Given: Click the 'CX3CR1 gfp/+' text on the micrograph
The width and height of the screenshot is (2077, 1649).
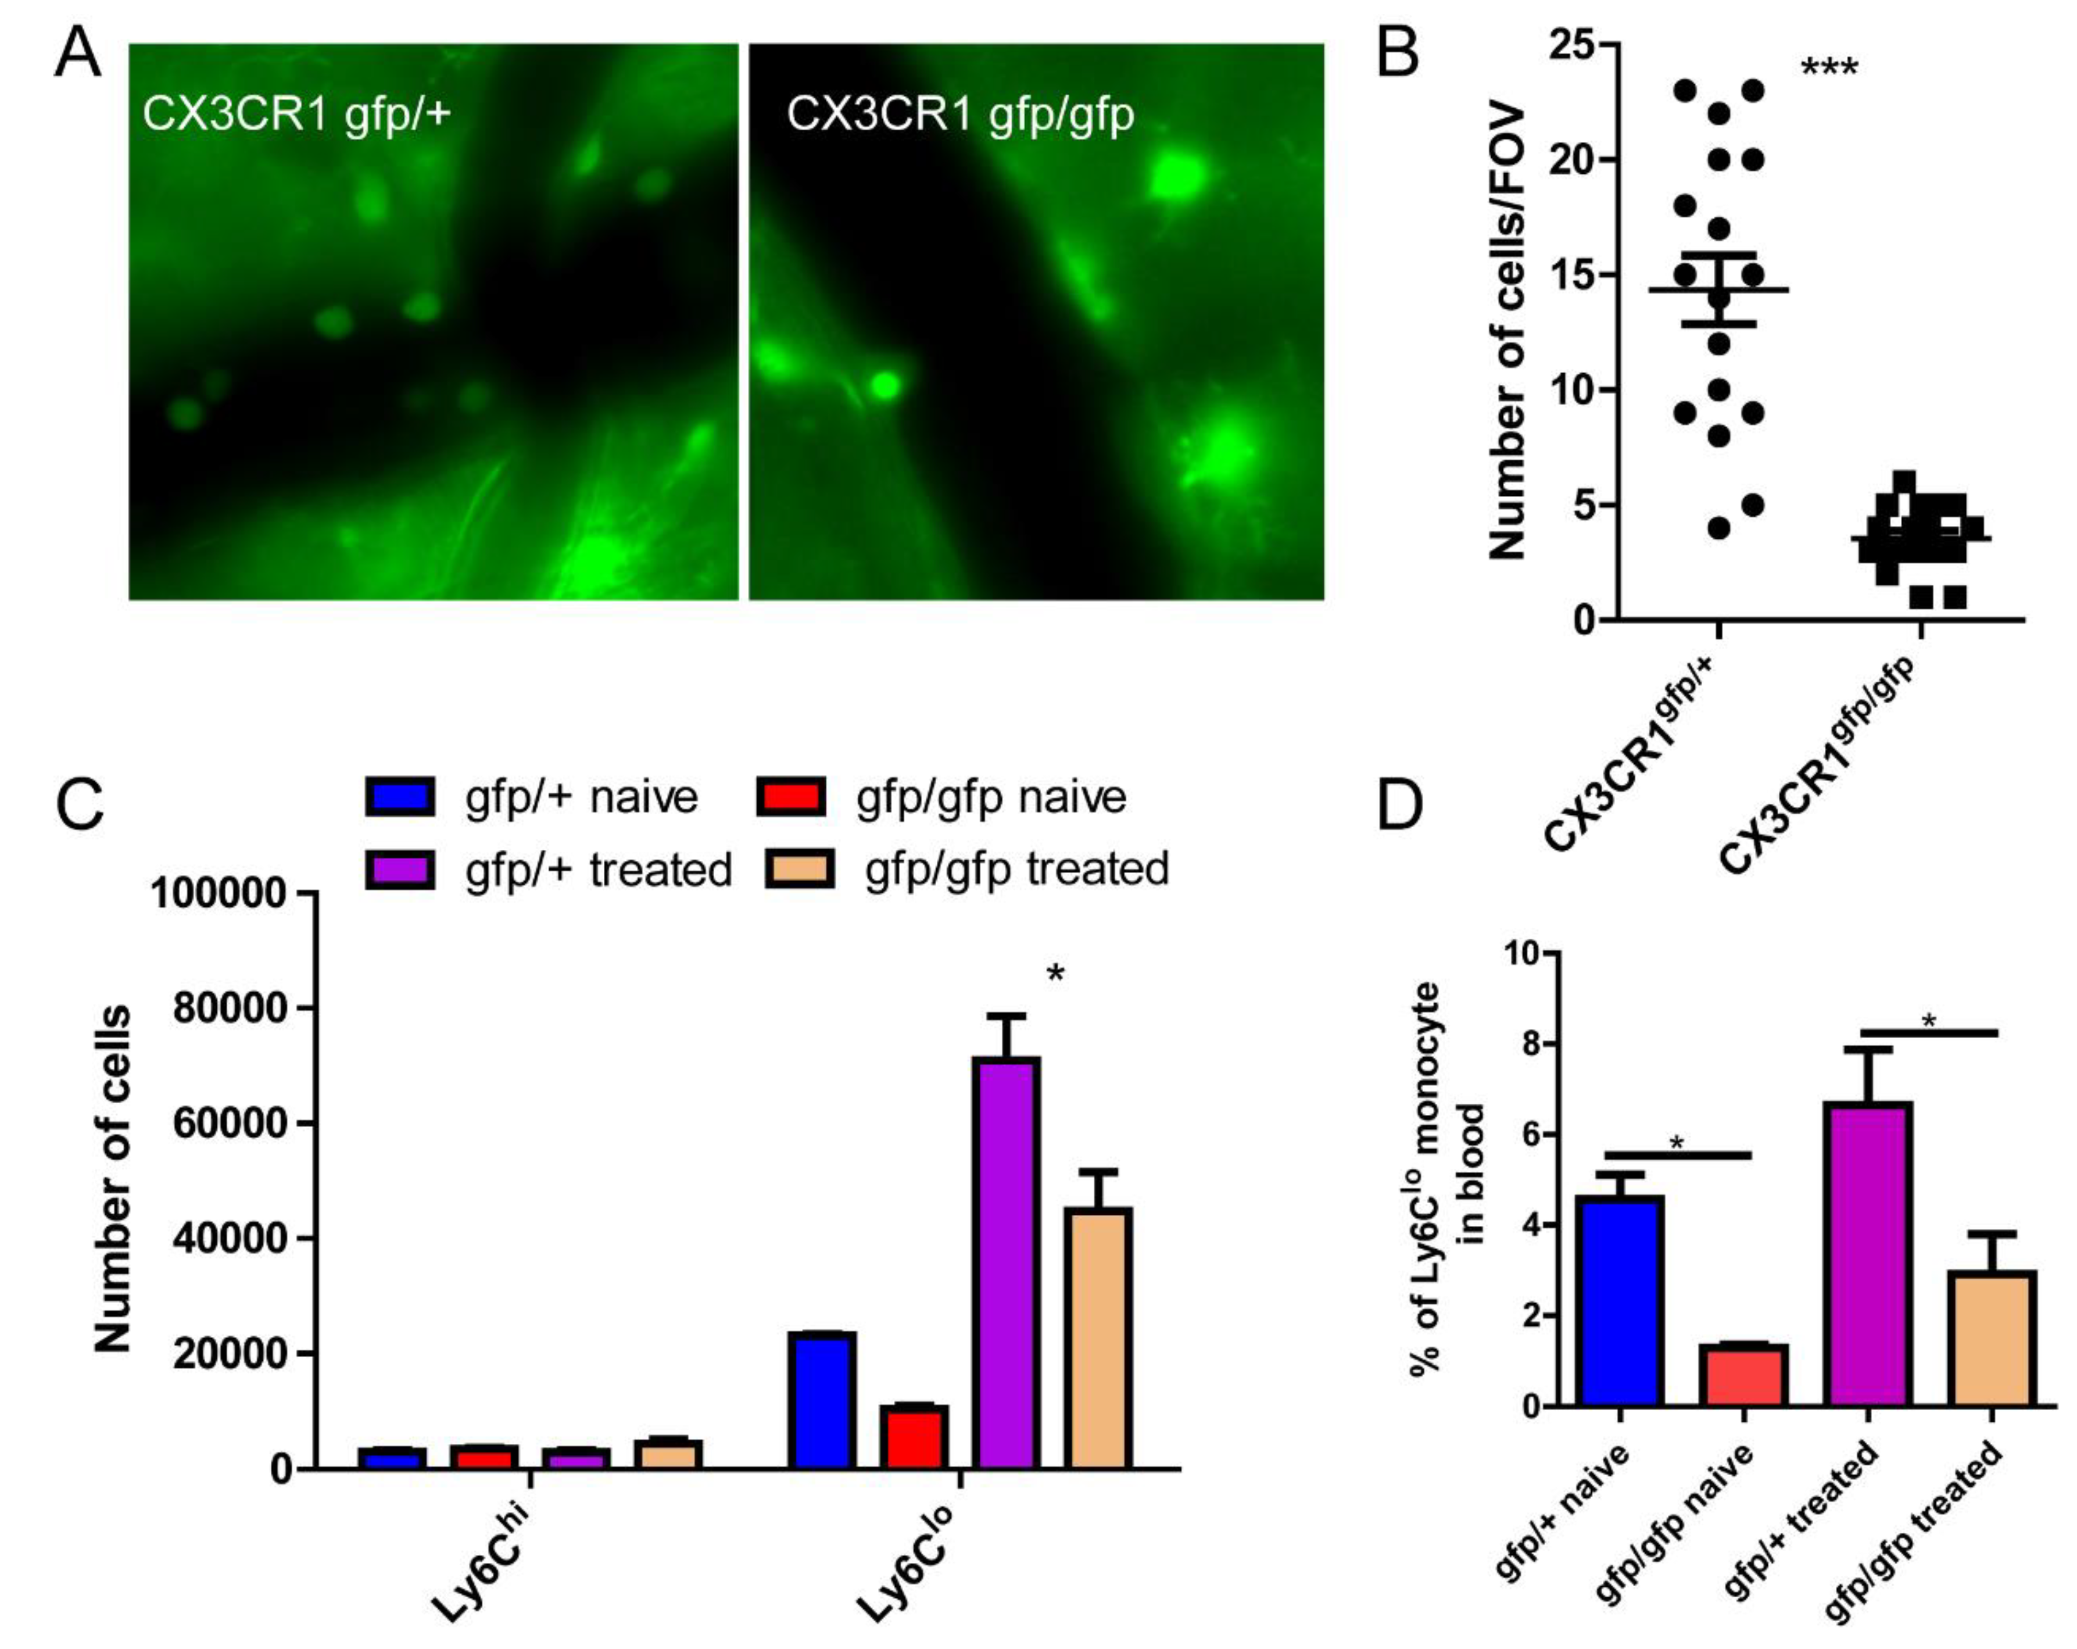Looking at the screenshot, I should tap(297, 114).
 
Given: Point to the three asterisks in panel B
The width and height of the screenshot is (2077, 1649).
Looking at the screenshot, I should tap(1828, 69).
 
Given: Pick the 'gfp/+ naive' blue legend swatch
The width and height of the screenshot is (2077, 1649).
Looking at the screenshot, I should tap(400, 797).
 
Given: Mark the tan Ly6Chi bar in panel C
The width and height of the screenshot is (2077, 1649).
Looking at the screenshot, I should tap(668, 1453).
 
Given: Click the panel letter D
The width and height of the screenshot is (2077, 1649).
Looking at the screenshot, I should tap(1399, 806).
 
